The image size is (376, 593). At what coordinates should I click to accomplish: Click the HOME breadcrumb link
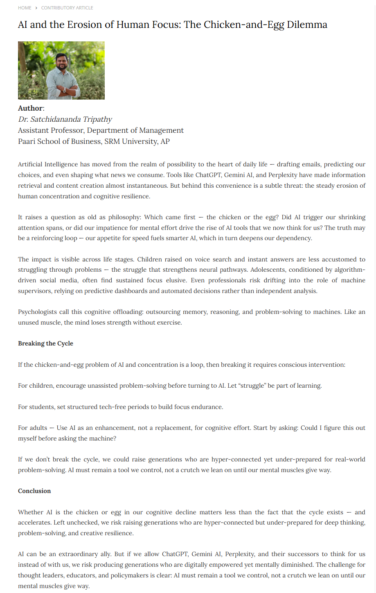[25, 8]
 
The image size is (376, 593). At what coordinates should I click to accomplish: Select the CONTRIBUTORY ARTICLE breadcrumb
[67, 8]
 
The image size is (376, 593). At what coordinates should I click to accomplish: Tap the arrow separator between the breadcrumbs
[36, 8]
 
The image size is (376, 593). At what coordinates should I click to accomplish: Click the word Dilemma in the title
[307, 25]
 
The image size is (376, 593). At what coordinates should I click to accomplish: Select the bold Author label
[30, 108]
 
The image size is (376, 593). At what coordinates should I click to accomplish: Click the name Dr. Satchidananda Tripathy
[65, 119]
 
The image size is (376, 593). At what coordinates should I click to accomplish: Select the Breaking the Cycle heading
[45, 343]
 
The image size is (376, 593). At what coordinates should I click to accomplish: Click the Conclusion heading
[34, 491]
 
